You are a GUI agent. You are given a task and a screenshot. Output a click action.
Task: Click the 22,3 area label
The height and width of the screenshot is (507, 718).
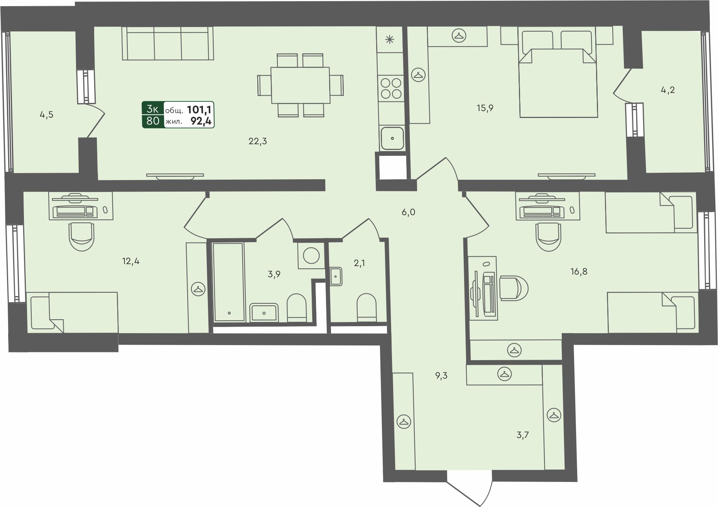tap(258, 141)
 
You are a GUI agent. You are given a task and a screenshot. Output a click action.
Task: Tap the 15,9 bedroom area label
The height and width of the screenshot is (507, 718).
tap(485, 108)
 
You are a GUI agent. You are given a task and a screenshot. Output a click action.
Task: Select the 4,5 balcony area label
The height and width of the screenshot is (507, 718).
tap(47, 115)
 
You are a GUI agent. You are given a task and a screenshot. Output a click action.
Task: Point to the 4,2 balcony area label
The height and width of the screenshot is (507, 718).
tap(668, 90)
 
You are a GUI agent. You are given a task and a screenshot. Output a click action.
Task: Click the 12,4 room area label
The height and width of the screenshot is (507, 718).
tap(131, 261)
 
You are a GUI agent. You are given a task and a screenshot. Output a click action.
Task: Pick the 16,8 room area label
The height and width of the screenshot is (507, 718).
tap(579, 271)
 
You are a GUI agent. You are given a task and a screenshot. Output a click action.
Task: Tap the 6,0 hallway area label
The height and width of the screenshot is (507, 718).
tap(408, 212)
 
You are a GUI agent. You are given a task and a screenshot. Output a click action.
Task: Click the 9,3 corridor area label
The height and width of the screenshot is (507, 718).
tap(441, 376)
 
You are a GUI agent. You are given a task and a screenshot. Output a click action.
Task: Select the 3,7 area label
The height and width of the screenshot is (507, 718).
tap(523, 435)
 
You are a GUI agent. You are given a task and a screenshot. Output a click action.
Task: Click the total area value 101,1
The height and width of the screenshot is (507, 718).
tap(200, 109)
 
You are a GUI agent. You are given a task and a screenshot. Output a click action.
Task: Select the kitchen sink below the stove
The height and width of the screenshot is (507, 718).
tap(392, 138)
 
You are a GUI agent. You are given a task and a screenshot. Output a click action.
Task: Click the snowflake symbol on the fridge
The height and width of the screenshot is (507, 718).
tap(390, 39)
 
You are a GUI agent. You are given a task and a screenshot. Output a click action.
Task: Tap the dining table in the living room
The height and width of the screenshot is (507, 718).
tap(300, 85)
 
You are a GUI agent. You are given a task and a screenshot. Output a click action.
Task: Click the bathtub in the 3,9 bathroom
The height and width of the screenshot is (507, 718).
tap(228, 282)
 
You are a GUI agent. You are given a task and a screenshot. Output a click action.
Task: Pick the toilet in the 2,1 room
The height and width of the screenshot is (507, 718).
tap(367, 307)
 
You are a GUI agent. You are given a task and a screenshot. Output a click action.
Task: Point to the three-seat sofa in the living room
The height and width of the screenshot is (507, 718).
tap(168, 43)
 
